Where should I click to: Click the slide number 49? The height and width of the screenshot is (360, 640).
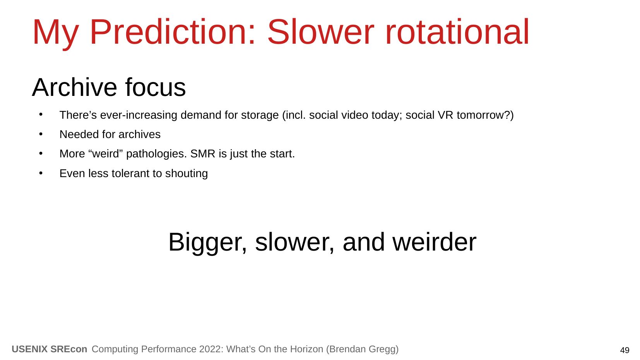(625, 350)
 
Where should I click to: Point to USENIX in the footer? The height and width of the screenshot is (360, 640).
(29, 349)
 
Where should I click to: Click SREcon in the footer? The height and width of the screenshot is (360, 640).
(68, 349)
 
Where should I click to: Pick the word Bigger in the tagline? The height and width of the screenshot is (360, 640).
(207, 243)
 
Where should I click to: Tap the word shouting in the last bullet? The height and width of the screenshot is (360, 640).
(186, 174)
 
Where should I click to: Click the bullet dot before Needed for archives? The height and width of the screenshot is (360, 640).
(41, 134)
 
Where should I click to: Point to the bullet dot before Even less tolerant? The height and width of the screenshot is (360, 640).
(41, 173)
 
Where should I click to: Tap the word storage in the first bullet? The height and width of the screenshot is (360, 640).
(260, 116)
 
